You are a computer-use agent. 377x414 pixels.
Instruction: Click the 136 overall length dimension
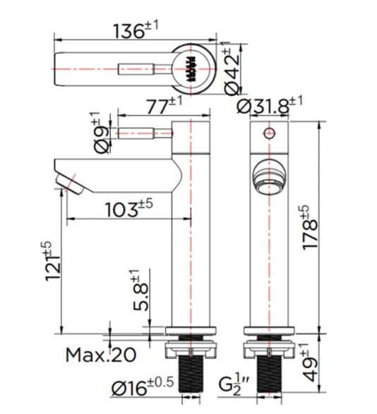click(x=136, y=30)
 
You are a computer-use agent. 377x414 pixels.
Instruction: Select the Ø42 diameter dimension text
click(x=232, y=68)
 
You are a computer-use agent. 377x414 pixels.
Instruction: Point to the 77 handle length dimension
click(x=164, y=105)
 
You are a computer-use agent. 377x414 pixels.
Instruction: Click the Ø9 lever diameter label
click(x=101, y=133)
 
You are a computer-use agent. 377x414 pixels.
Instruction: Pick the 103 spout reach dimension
click(x=129, y=208)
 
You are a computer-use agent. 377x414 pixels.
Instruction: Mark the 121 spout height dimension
click(x=52, y=262)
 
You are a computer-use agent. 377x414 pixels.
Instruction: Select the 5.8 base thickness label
click(x=139, y=290)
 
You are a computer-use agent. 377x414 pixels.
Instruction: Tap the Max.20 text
click(x=101, y=355)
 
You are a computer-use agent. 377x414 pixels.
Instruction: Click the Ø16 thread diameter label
click(x=143, y=386)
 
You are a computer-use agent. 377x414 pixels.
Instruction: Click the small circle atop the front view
click(x=270, y=133)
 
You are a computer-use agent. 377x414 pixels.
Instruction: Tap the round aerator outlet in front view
click(x=270, y=178)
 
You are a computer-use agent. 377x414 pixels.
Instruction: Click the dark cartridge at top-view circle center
click(x=191, y=68)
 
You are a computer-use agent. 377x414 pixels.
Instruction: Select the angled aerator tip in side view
click(x=69, y=184)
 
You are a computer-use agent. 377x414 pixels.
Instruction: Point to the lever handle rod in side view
click(x=145, y=133)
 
